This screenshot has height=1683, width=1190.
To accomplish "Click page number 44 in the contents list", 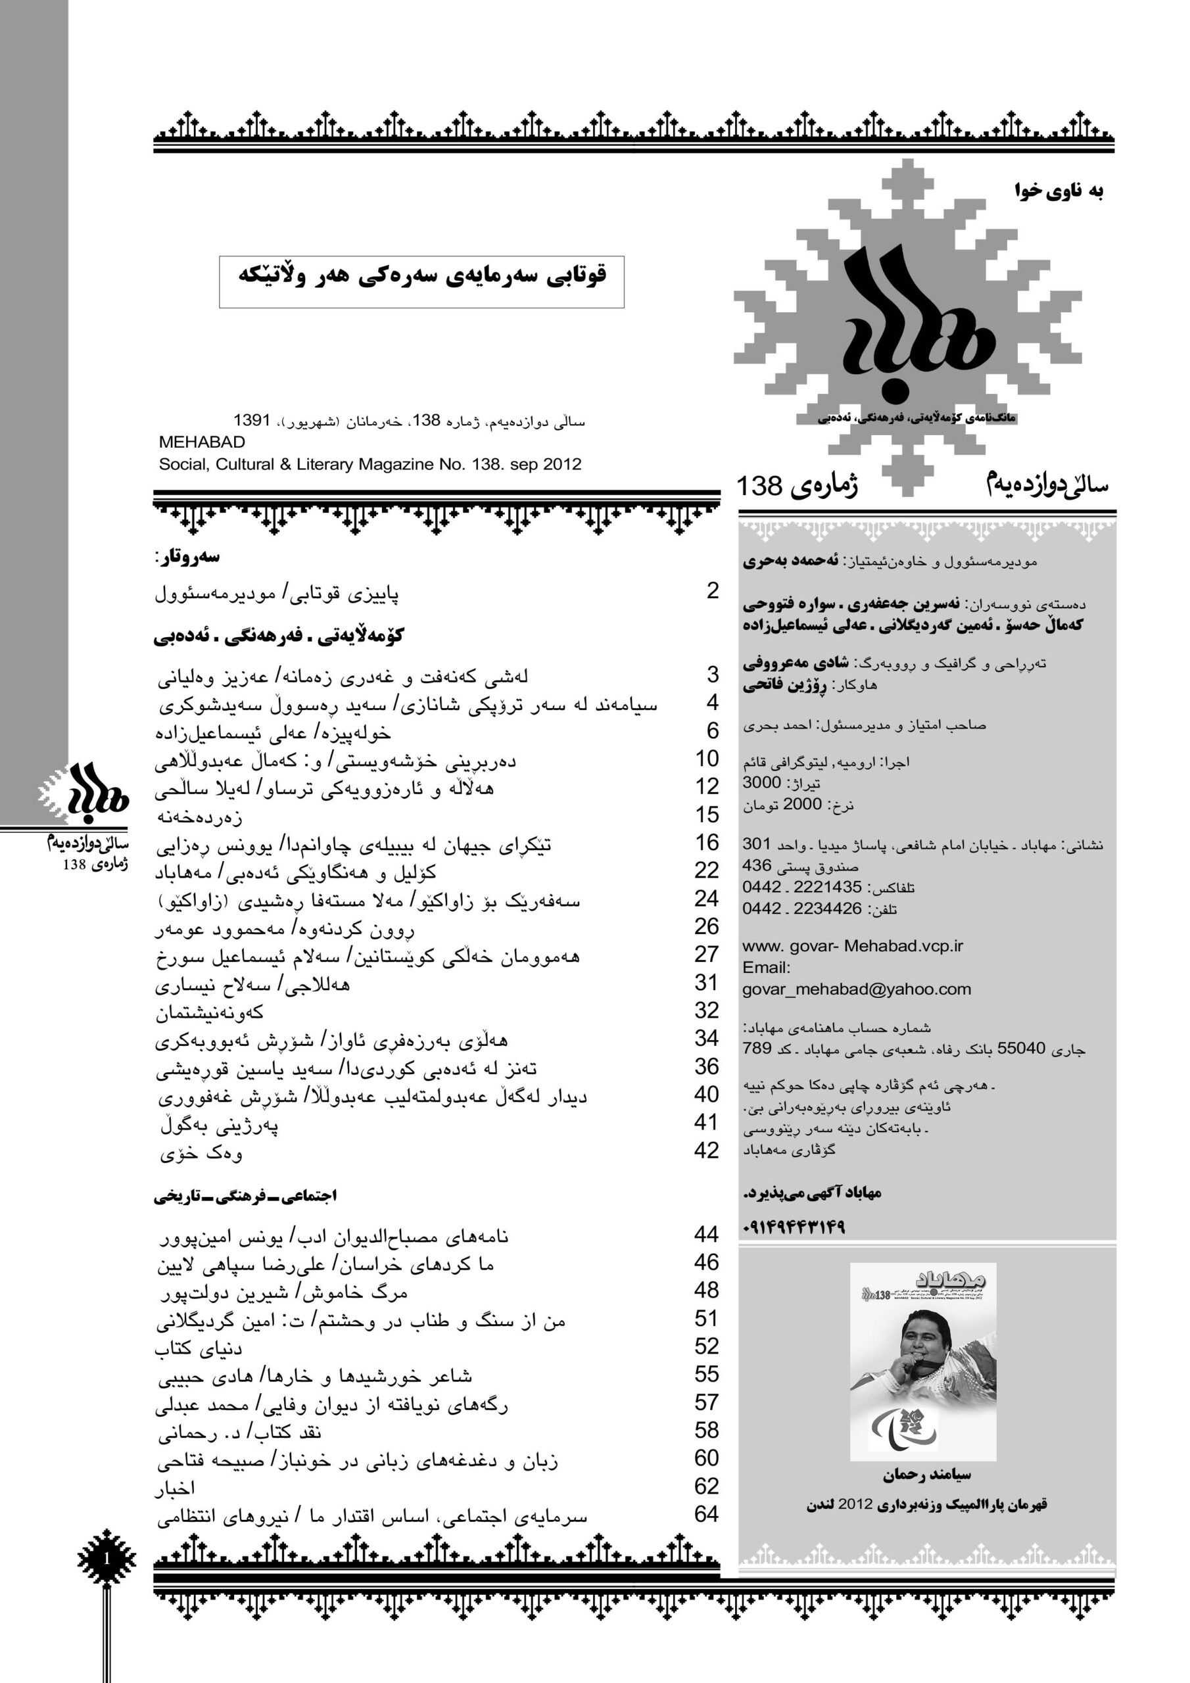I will [x=705, y=1235].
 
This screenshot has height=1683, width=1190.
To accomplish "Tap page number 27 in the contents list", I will [x=706, y=955].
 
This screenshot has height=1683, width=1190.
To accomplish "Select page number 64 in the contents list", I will [x=706, y=1515].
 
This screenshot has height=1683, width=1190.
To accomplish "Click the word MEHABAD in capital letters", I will [x=202, y=442].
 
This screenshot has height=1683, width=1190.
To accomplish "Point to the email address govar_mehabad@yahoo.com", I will [x=857, y=989].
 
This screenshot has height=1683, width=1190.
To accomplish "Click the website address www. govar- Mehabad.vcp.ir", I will [x=852, y=945].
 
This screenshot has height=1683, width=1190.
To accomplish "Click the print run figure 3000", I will [x=761, y=782].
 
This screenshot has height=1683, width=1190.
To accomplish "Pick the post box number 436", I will [x=757, y=865].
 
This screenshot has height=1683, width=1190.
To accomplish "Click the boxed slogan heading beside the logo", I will [x=421, y=281].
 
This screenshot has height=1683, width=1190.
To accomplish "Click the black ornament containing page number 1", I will [x=107, y=1558].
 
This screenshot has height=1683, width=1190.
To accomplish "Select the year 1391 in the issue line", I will [x=252, y=421].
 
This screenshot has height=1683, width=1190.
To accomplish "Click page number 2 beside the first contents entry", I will [x=712, y=591].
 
